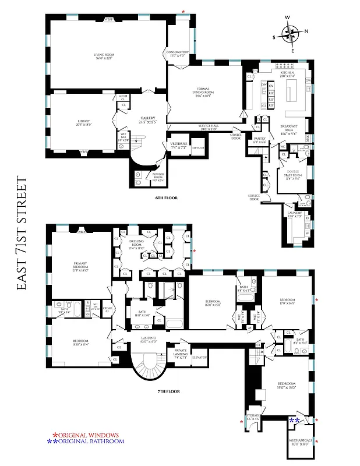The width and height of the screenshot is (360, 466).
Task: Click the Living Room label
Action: (x=107, y=57)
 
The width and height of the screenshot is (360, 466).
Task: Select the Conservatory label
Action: (x=178, y=54)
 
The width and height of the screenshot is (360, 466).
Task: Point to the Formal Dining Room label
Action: (x=204, y=91)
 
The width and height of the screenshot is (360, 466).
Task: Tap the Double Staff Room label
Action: (x=292, y=173)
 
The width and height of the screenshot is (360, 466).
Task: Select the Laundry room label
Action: (x=294, y=215)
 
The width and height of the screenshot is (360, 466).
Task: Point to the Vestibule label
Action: (x=178, y=146)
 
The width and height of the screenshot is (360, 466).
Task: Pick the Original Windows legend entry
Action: (x=86, y=435)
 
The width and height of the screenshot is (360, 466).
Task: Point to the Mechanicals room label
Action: (x=301, y=442)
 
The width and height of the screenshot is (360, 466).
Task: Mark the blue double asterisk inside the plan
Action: (x=295, y=421)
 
